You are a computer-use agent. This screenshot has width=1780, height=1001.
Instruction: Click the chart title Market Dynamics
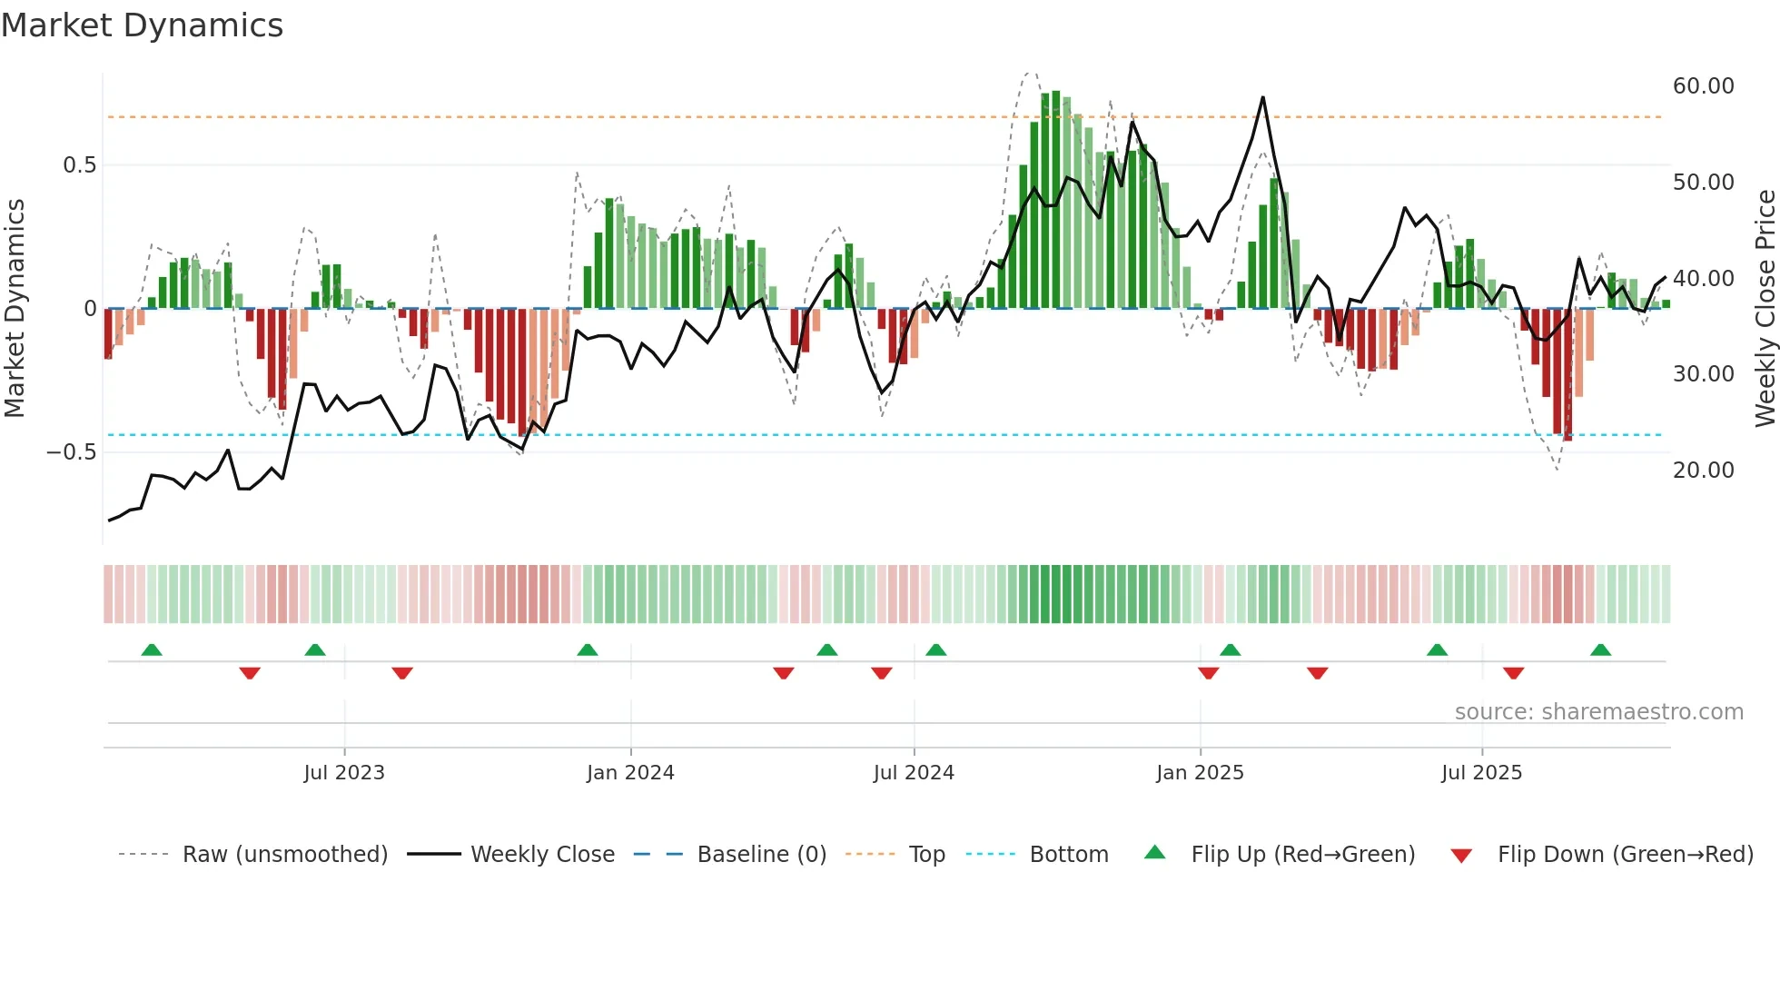click(x=142, y=25)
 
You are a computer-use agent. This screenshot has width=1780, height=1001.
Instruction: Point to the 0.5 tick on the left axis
click(x=79, y=165)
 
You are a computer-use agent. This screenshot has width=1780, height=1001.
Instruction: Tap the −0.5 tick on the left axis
click(x=71, y=452)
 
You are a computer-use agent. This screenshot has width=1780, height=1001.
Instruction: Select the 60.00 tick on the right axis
click(x=1703, y=86)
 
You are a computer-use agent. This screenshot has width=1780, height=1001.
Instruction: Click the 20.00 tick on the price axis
click(x=1703, y=471)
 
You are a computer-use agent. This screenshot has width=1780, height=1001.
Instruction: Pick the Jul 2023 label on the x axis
click(x=344, y=773)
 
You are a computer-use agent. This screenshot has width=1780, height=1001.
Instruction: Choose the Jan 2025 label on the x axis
click(x=1200, y=773)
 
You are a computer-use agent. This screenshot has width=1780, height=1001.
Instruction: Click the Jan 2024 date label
click(x=630, y=773)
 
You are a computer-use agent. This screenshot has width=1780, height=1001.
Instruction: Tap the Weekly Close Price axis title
click(x=1765, y=309)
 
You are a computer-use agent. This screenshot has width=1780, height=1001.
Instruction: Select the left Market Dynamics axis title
click(x=15, y=309)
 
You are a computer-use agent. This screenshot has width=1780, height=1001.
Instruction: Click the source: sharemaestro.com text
click(x=1598, y=712)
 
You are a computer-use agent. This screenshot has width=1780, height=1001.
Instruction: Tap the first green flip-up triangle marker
click(x=152, y=650)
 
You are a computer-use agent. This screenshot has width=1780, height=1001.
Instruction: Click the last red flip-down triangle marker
click(x=1513, y=673)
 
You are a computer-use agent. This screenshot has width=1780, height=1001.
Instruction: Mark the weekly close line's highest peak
click(x=1262, y=97)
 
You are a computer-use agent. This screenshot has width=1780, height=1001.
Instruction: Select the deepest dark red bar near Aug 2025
click(x=1567, y=374)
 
